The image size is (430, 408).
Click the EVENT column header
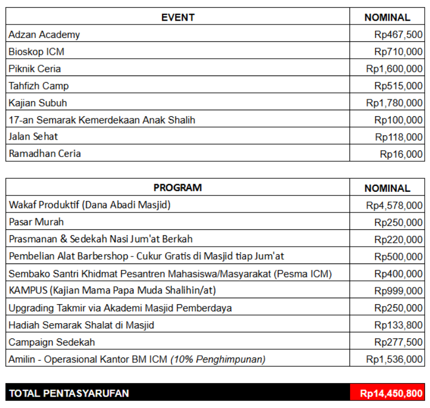click(x=178, y=17)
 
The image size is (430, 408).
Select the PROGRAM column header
click(x=178, y=188)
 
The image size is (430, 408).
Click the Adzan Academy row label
click(x=44, y=35)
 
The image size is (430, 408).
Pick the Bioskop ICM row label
click(x=36, y=52)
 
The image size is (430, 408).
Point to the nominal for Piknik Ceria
click(x=394, y=69)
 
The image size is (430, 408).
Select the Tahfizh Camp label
click(x=39, y=86)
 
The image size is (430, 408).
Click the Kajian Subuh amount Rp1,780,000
click(x=394, y=103)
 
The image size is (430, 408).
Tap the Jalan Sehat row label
click(x=33, y=136)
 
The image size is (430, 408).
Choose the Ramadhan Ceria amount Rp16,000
click(x=401, y=154)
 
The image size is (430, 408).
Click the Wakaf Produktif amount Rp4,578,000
click(x=394, y=205)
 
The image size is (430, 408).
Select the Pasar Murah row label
click(x=36, y=222)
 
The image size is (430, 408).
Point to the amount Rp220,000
click(x=398, y=240)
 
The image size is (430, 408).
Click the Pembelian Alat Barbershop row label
click(x=146, y=256)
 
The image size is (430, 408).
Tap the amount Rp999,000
click(x=398, y=291)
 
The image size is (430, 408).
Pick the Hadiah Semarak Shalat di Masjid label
click(x=81, y=325)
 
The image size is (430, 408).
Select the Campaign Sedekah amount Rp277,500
click(x=398, y=342)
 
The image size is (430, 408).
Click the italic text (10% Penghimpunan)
click(x=218, y=359)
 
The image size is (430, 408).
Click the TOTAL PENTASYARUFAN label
click(x=69, y=393)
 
